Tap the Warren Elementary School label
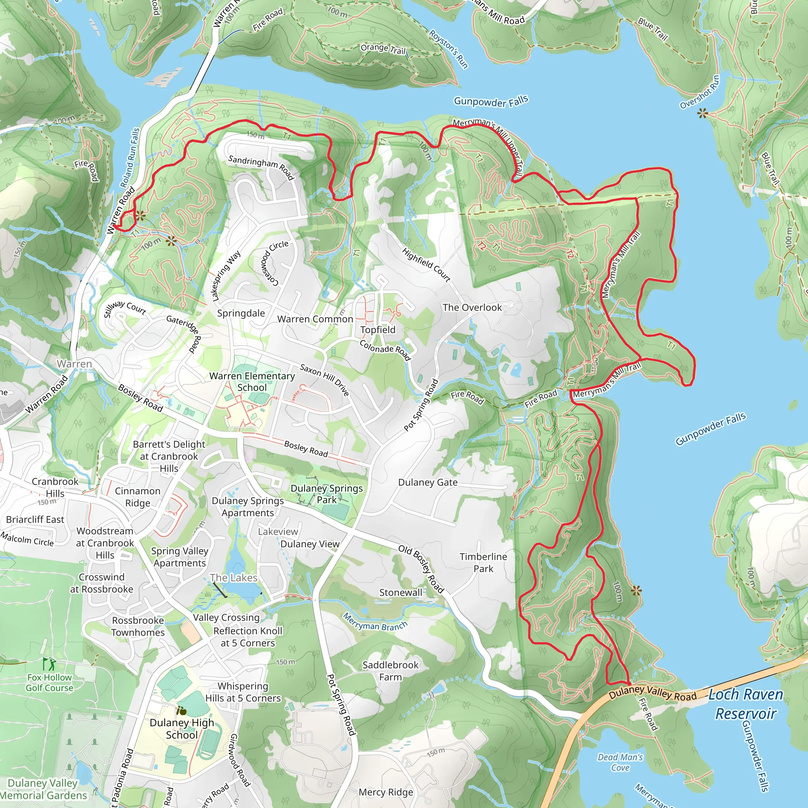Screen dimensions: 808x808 point(252,382)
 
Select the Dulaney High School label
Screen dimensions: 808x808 point(181,729)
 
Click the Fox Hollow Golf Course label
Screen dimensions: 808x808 point(49,683)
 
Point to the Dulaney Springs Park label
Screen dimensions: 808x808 point(327,494)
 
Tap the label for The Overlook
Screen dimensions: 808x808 point(472,307)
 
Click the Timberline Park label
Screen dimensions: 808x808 point(483,563)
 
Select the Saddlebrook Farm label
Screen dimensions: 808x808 point(390,671)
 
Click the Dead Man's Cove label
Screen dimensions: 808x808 point(620,762)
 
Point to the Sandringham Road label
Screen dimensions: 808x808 point(261,167)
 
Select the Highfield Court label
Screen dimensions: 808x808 point(426,265)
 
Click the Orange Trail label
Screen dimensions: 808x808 point(383,49)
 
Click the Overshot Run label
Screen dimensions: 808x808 point(700,92)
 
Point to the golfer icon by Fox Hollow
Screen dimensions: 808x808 point(49,664)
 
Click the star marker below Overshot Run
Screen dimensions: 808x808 point(703,113)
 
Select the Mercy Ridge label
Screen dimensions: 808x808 point(385,792)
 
